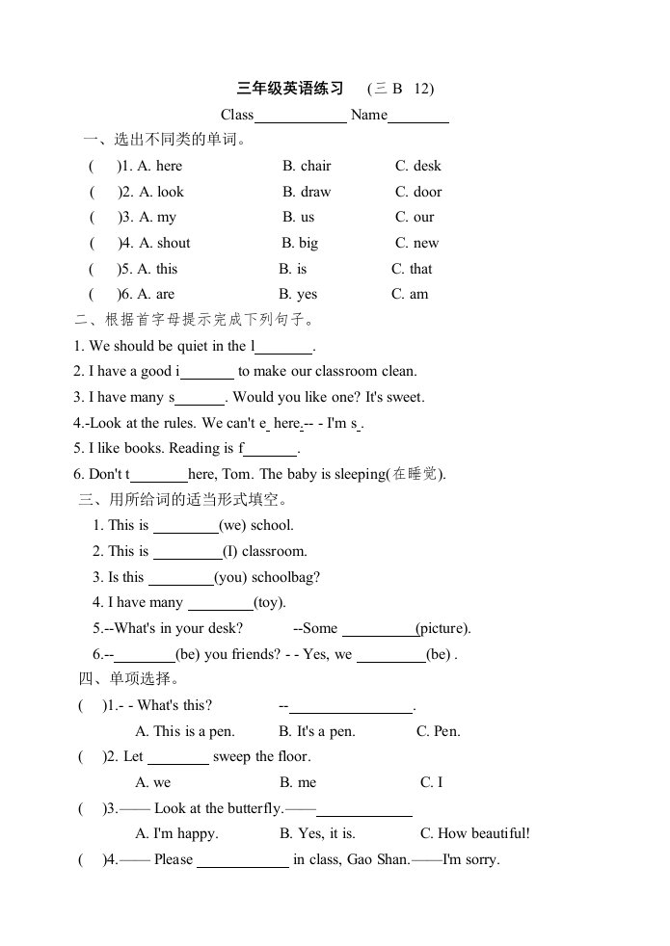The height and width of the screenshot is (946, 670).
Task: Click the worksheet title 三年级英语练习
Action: point(290,89)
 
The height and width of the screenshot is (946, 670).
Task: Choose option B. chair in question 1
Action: point(307,166)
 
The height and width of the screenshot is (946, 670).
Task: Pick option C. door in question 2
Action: point(418,192)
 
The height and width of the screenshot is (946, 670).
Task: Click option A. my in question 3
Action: point(157,218)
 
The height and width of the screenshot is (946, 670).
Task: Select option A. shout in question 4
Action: point(164,244)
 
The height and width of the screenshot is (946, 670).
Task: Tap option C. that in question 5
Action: point(412,269)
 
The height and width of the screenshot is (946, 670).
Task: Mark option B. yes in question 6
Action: point(298,295)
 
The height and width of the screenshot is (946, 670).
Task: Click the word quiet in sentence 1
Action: point(192,346)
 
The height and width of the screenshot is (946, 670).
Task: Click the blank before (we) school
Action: point(186,526)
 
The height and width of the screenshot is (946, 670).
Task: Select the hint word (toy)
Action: point(270,603)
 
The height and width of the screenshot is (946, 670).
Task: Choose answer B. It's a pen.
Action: point(316,731)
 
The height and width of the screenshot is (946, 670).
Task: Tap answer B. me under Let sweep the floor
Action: point(298,783)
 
